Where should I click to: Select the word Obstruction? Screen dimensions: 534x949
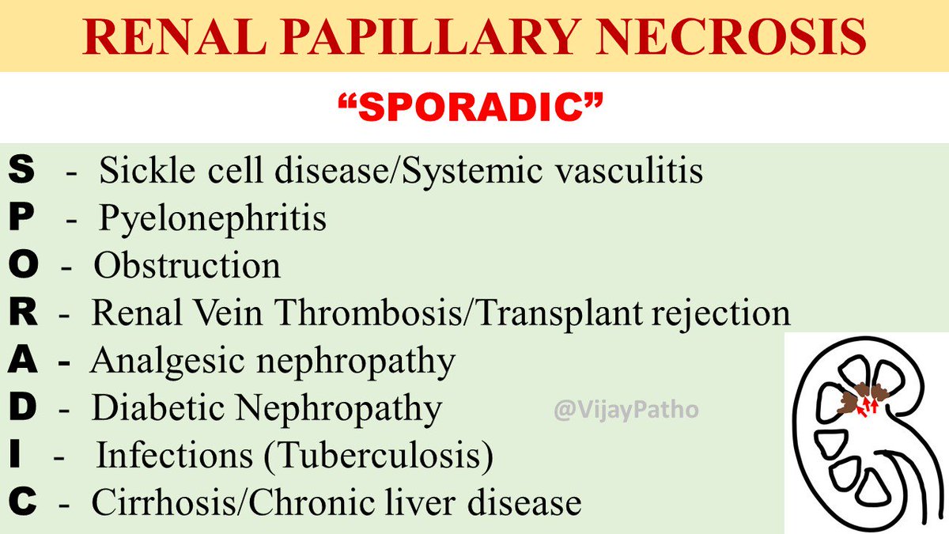click(x=187, y=267)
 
